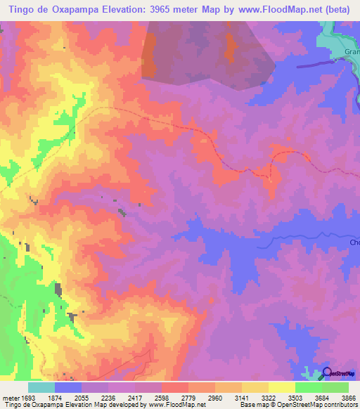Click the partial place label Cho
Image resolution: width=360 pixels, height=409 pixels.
click(354, 242)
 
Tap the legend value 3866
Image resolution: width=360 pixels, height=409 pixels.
click(347, 397)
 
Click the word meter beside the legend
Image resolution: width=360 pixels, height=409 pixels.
click(9, 397)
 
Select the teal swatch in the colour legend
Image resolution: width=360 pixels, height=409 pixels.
click(41, 387)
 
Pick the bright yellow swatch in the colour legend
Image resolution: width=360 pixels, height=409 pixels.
click(281, 387)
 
